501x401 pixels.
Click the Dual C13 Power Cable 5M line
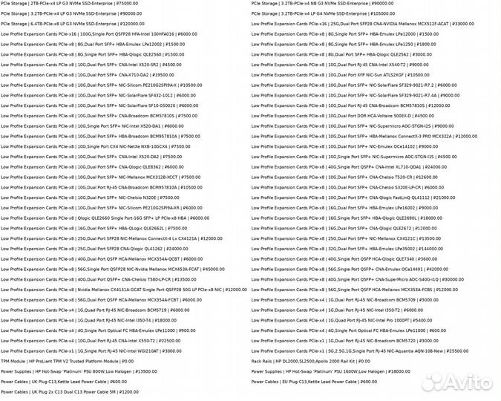(x=70, y=391)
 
